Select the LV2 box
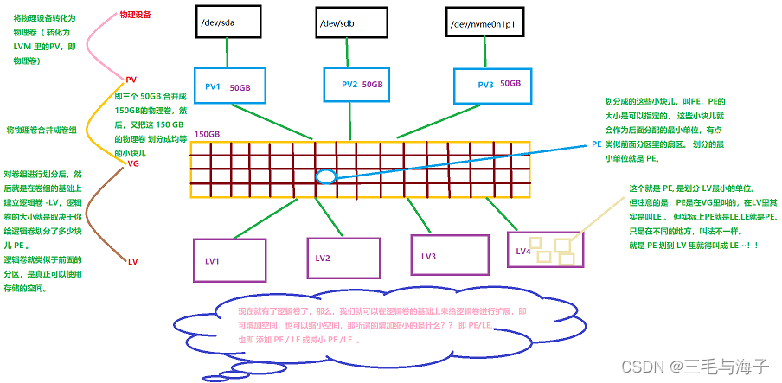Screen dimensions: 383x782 pos(343,257)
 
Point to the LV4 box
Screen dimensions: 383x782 pos(545,249)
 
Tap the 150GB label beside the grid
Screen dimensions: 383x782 pos(207,134)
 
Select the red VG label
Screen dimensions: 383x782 pos(132,163)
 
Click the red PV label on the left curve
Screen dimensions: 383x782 pos(131,79)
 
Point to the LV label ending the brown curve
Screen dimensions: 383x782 pos(132,261)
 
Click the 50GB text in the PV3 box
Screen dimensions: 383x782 pos(510,83)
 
